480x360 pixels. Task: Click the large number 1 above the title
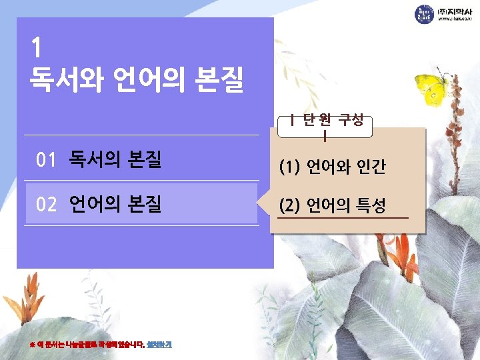pos(37,49)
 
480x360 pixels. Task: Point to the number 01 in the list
pos(46,160)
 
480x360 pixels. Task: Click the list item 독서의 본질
pos(115,160)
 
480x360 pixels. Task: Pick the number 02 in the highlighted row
pos(47,204)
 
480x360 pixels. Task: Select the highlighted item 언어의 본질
pos(115,204)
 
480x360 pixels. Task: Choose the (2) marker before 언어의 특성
pos(290,206)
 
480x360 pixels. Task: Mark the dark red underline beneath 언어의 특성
pos(343,218)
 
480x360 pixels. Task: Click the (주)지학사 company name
pos(454,11)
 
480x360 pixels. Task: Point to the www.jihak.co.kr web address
pos(454,21)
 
